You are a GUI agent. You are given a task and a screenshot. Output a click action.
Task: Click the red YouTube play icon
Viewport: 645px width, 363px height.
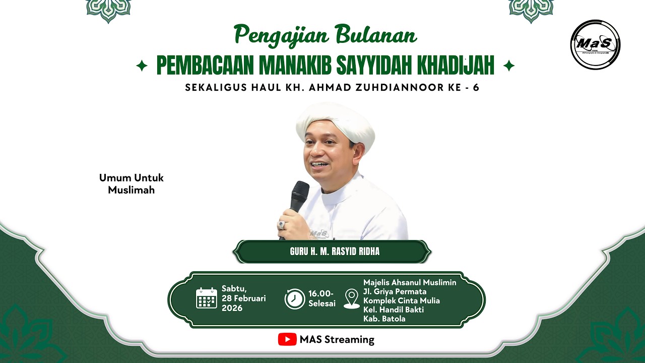(x=287, y=339)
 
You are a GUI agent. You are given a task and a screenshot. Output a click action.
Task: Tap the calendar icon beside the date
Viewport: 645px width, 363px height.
(x=207, y=298)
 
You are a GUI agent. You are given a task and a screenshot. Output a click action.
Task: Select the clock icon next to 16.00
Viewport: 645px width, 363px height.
(x=295, y=298)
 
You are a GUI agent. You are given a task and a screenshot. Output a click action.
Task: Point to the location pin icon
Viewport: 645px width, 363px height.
(x=352, y=298)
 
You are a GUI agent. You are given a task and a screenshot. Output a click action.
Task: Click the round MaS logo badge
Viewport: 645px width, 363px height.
(x=595, y=44)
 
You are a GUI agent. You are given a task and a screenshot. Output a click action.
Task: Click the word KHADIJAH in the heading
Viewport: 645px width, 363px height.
(x=456, y=65)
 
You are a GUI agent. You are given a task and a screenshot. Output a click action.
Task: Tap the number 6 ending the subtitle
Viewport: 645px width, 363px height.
(x=476, y=87)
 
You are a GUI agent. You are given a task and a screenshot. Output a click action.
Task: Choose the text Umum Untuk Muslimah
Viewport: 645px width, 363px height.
(x=132, y=184)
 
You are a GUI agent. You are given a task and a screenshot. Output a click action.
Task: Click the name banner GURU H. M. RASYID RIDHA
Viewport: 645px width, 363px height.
(x=335, y=252)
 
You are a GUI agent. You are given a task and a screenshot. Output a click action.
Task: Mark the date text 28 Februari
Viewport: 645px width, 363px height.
(x=243, y=298)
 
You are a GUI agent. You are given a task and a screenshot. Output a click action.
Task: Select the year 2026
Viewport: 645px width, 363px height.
(x=232, y=308)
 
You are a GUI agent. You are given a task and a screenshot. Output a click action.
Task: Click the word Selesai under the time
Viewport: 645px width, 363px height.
(x=322, y=304)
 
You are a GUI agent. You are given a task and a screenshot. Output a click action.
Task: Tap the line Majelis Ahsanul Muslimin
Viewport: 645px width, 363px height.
(x=410, y=282)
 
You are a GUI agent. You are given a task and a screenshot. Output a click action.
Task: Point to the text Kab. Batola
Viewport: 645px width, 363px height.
(x=384, y=319)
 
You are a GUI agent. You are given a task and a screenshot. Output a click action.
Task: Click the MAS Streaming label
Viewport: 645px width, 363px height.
(x=337, y=339)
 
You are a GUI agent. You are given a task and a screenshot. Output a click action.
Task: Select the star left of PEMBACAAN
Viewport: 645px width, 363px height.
(x=142, y=66)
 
